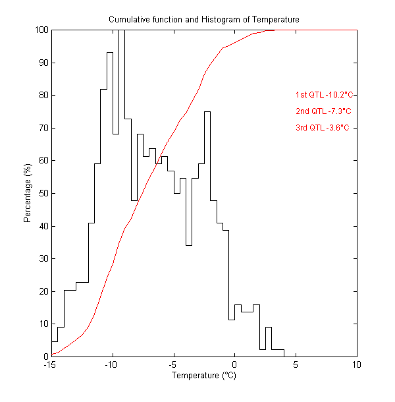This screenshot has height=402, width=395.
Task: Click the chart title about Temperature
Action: point(204,20)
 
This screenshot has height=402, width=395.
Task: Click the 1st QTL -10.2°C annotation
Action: point(326,95)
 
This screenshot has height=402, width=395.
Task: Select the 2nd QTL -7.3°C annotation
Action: point(323,111)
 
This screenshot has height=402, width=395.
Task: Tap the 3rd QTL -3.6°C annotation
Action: point(323,128)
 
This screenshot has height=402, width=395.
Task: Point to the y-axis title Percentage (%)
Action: point(28,193)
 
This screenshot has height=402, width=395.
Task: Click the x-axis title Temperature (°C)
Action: point(204,376)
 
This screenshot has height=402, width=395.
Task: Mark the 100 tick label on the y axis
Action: point(41,30)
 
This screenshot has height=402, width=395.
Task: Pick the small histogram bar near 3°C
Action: point(269,342)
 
